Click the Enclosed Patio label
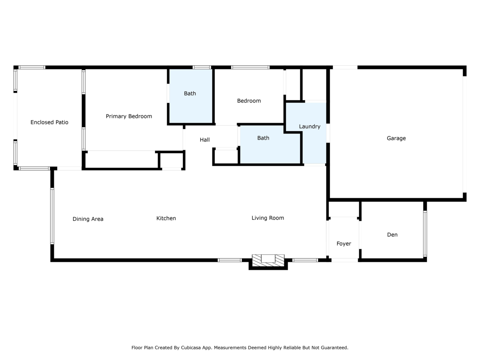point(49,122)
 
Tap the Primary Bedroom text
point(129,116)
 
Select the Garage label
point(396,138)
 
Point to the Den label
point(392,235)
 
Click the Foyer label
point(344,244)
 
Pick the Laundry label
point(310,126)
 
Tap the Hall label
point(204,140)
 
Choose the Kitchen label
point(166,218)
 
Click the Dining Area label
point(88,219)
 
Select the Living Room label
point(268,218)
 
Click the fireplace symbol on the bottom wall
point(268,260)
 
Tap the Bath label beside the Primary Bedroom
point(190,94)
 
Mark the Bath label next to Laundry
point(263,138)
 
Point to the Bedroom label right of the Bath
point(249,101)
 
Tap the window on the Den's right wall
point(425,234)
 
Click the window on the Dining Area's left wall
point(52,216)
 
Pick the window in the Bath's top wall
point(202,67)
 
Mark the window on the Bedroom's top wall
point(250,67)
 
